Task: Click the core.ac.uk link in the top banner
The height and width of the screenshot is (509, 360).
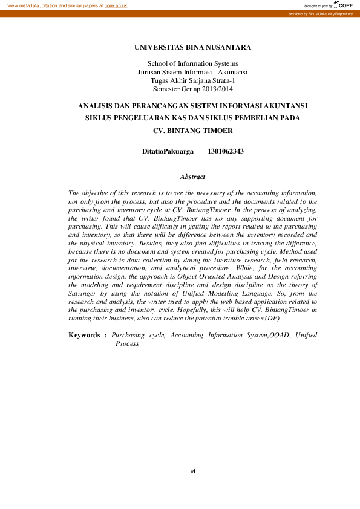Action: pyautogui.click(x=116, y=5)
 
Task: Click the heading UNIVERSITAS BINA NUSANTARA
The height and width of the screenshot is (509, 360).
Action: pyautogui.click(x=192, y=47)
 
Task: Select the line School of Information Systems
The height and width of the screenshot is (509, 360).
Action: pyautogui.click(x=192, y=63)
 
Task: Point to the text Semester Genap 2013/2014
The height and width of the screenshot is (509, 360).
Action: pyautogui.click(x=192, y=88)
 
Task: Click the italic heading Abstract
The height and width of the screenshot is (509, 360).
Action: pyautogui.click(x=192, y=177)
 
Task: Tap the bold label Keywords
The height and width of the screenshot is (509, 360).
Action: pyautogui.click(x=85, y=334)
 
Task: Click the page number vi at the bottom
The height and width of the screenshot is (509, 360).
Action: pyautogui.click(x=192, y=471)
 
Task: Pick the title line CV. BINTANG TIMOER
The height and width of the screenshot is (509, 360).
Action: pyautogui.click(x=192, y=130)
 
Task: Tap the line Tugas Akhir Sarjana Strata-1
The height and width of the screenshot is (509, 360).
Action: pyautogui.click(x=192, y=80)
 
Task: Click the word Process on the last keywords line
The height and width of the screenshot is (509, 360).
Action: pyautogui.click(x=127, y=343)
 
